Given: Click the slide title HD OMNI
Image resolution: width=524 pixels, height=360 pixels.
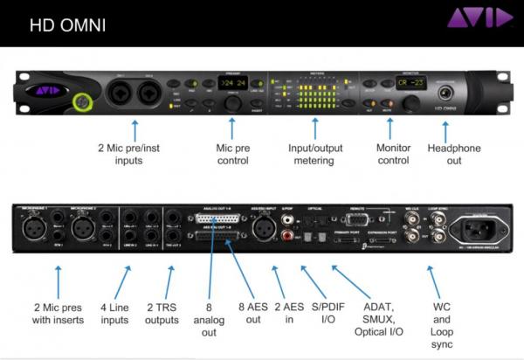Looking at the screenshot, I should point(68,24).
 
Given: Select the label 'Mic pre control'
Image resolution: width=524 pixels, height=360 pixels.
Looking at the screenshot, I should point(232,155).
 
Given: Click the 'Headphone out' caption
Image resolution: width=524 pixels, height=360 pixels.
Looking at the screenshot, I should point(454,155).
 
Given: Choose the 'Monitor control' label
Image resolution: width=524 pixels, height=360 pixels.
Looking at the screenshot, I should point(392,155).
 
